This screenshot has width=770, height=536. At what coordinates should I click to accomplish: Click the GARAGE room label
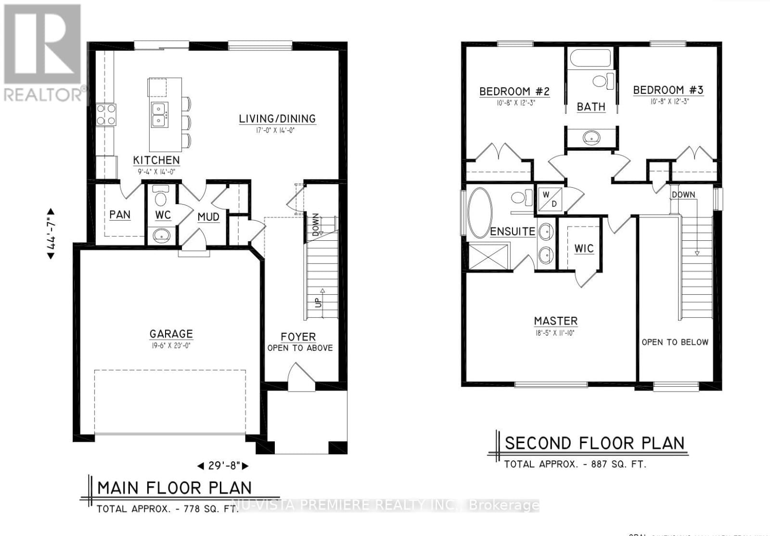(x=171, y=334)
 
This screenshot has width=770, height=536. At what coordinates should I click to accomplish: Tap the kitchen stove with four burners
(x=106, y=115)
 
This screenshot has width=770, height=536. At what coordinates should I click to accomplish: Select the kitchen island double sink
(x=159, y=114)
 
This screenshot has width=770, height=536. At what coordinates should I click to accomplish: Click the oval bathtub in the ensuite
(x=480, y=213)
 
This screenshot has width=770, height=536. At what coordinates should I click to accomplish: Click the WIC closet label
(x=584, y=248)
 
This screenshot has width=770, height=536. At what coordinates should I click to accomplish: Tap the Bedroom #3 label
(x=668, y=90)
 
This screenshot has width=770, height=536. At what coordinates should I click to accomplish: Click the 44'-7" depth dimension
(x=51, y=234)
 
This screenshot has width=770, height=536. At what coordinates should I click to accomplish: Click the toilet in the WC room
(x=161, y=197)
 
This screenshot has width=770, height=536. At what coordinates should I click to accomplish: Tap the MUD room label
(x=208, y=217)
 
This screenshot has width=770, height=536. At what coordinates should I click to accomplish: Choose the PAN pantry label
(x=120, y=215)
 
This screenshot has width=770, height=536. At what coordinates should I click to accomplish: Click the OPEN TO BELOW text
(x=675, y=342)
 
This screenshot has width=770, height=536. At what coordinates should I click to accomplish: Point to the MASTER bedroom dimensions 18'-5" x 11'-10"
(x=555, y=332)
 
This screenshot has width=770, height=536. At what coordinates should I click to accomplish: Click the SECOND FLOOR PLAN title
(x=594, y=443)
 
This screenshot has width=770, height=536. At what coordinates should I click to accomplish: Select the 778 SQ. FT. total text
(x=167, y=509)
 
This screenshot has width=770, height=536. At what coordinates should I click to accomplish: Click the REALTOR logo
(x=42, y=53)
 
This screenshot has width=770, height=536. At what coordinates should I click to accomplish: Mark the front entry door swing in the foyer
(x=300, y=373)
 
